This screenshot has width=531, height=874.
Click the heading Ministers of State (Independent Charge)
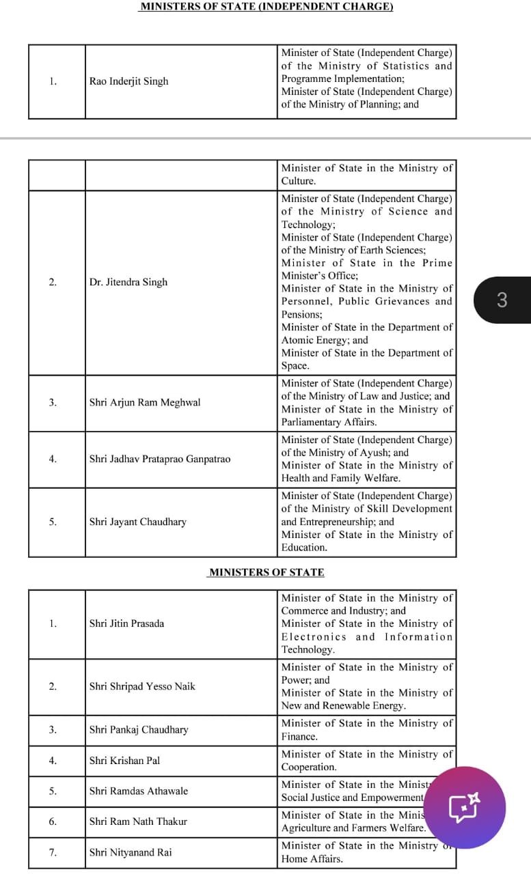pos(266,7)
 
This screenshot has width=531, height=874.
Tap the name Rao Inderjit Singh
pos(128,81)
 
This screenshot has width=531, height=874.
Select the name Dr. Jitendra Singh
pos(128,282)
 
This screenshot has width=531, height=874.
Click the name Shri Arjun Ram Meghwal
pos(145,402)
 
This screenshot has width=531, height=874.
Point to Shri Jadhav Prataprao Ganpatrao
pos(159,459)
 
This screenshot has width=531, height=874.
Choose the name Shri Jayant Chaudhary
pos(137,522)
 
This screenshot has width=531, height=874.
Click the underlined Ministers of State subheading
pos(267,572)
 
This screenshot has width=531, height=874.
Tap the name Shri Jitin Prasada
pos(126,623)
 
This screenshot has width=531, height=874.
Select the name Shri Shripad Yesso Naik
pos(142,686)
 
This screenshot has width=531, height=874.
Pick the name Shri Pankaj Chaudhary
pos(139,729)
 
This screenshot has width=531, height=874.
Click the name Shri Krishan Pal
pos(124,760)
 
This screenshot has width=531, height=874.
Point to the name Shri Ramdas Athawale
pos(139,791)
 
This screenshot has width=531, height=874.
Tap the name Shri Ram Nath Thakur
pos(138,821)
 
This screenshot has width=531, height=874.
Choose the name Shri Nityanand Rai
pos(131,852)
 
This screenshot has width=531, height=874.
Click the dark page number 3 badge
pos(502,300)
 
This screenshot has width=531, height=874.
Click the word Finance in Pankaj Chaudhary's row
pos(299,737)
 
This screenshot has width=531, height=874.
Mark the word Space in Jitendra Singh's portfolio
pos(295,366)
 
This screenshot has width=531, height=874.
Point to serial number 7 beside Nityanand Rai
pos(53,852)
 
